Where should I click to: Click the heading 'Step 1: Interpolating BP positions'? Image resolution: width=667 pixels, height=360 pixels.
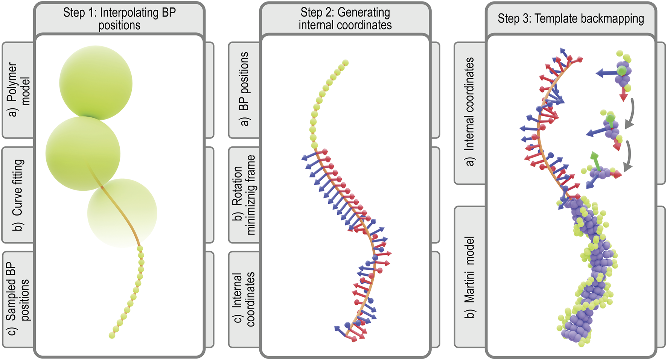pos(119,18)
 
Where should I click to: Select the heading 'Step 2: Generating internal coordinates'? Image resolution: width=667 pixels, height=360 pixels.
pos(345,18)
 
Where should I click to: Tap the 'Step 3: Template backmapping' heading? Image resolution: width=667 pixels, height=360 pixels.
pos(571,18)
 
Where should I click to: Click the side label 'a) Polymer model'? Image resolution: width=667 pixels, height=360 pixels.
pos(18,90)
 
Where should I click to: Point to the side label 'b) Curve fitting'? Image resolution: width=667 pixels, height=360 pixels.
pos(18,195)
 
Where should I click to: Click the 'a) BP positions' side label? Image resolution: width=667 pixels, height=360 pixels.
pos(244,89)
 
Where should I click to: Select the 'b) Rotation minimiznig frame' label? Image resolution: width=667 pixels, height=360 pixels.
pos(244,195)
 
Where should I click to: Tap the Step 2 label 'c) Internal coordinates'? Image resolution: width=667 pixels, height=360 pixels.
pos(244,299)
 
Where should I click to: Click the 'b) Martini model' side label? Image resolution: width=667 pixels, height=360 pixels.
pos(469,277)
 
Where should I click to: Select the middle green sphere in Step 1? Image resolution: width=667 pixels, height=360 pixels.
pos(83,153)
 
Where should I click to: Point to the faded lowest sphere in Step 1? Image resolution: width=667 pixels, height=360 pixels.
pos(122,213)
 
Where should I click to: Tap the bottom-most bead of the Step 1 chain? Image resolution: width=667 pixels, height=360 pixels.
pos(112,335)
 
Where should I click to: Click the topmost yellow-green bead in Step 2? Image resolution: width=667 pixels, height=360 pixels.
pos(346,63)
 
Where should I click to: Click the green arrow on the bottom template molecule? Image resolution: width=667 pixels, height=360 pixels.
pos(595,161)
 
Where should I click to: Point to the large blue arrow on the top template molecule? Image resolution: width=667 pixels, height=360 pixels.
pos(606,73)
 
